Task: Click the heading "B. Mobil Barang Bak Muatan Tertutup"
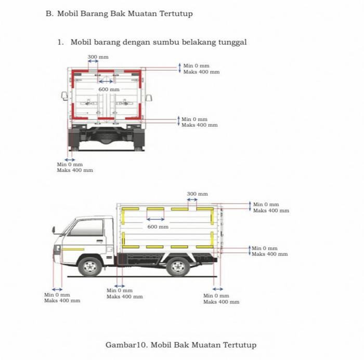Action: pyautogui.click(x=119, y=14)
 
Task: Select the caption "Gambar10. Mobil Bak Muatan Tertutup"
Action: pyautogui.click(x=181, y=345)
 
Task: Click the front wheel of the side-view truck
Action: pyautogui.click(x=90, y=266)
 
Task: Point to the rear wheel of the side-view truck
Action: pyautogui.click(x=178, y=266)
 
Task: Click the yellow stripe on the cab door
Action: pyautogui.click(x=72, y=249)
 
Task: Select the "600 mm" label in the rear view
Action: pyautogui.click(x=109, y=90)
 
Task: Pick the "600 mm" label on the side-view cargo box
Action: pyautogui.click(x=158, y=227)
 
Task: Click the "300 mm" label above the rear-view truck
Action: pyautogui.click(x=98, y=57)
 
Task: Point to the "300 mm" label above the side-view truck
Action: pyautogui.click(x=197, y=194)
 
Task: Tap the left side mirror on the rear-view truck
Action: pyautogui.click(x=64, y=96)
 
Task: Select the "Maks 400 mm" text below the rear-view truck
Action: pyautogui.click(x=75, y=170)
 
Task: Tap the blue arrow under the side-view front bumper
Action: pyautogui.click(x=57, y=289)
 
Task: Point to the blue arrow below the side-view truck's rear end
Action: pyautogui.click(x=218, y=289)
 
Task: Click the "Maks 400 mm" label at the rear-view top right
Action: pyautogui.click(x=201, y=72)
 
